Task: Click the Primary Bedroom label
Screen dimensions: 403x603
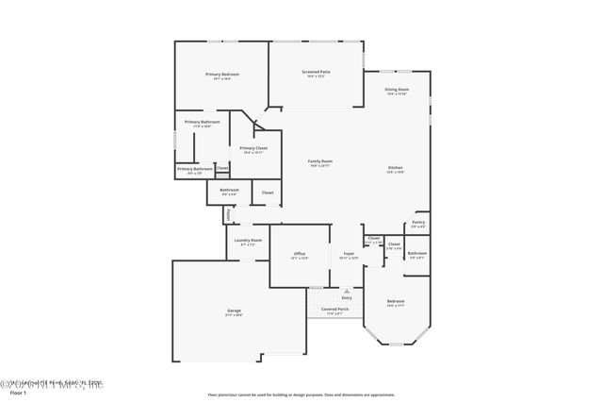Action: coord(222,74)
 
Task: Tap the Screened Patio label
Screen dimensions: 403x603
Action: coord(316,72)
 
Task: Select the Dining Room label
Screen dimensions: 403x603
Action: coord(397,90)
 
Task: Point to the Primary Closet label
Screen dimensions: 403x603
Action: coord(253,148)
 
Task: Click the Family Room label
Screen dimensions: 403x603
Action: coord(320,161)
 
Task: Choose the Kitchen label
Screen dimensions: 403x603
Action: coord(396,168)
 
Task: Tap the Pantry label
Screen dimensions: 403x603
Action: coord(418,223)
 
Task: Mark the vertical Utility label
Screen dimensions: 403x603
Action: coord(228,215)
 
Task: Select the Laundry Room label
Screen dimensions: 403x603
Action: coord(250,241)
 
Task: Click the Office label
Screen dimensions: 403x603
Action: coord(300,253)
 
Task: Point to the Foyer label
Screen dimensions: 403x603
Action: coord(349,253)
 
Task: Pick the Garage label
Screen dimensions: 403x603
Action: coord(234,311)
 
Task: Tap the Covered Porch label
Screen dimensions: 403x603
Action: coord(334,309)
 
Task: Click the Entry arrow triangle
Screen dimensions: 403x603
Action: coord(347,290)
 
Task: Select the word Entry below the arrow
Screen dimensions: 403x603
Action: coord(347,298)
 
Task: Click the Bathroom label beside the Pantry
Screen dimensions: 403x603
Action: coord(417,252)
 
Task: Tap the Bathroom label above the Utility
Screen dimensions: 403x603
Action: coord(230,190)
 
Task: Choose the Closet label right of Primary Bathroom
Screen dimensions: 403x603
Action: coord(222,168)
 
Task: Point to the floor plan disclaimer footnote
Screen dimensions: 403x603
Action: coord(301,395)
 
